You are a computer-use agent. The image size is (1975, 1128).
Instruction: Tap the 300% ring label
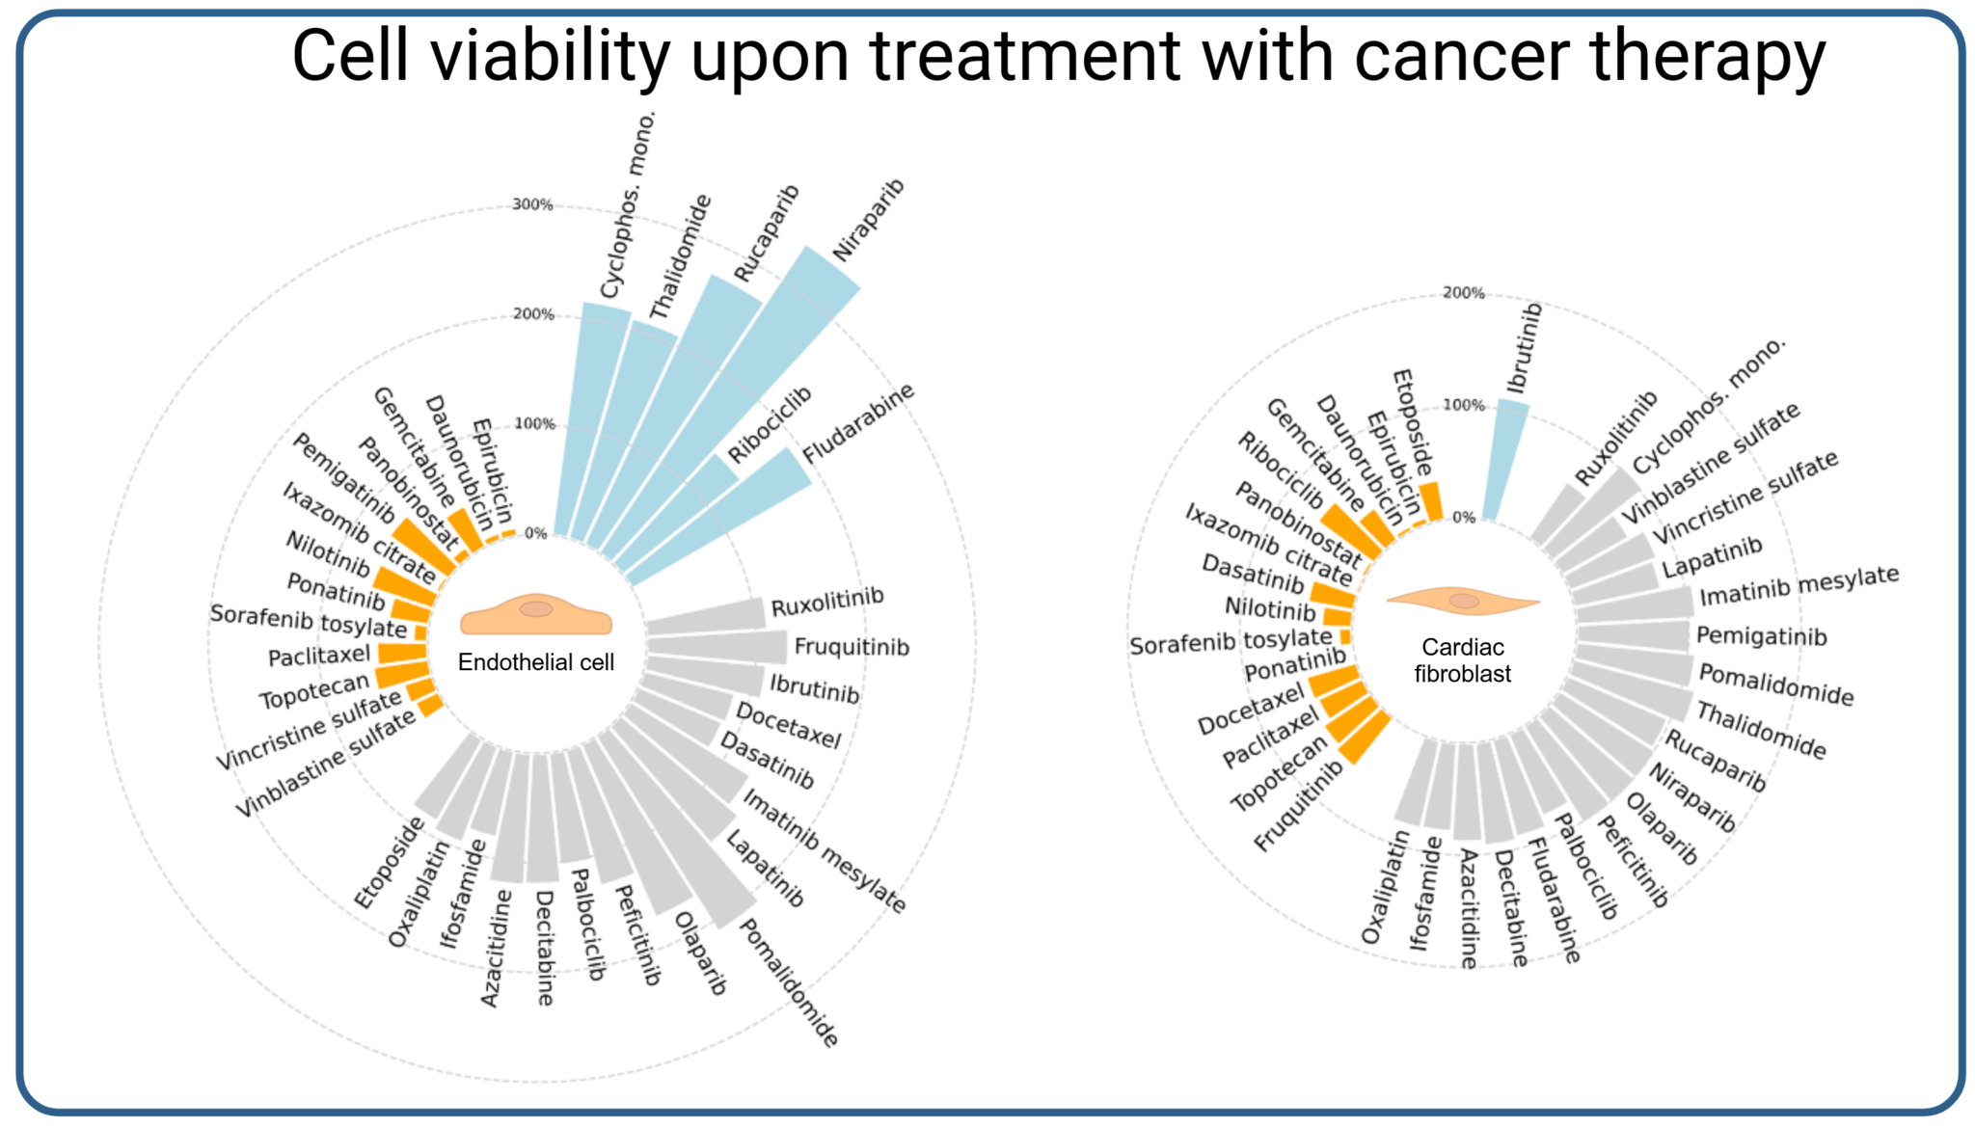point(532,204)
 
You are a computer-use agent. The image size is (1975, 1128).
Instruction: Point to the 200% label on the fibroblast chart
point(1463,293)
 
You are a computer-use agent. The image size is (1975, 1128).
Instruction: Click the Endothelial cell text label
point(535,662)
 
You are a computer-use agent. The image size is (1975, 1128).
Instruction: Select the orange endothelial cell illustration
point(536,614)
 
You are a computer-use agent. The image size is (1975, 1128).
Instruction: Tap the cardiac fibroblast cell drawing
point(1463,601)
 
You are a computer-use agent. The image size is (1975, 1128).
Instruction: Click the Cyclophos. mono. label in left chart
point(628,204)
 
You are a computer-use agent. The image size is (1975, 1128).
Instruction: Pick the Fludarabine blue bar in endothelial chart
point(733,511)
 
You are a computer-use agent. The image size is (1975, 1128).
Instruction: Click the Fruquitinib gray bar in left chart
point(718,647)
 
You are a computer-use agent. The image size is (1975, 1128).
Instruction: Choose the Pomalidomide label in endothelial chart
point(787,982)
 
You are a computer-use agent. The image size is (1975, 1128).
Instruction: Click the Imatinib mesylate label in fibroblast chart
point(1799,586)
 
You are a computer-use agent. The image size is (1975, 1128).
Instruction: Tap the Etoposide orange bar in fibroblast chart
point(1431,501)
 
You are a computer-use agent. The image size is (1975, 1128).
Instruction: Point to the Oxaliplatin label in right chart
point(1385,887)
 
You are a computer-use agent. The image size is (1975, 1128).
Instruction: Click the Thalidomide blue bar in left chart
point(632,424)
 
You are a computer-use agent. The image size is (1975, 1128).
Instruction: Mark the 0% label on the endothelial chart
point(535,533)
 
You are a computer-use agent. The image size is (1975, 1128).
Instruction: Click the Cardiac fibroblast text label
point(1462,660)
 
